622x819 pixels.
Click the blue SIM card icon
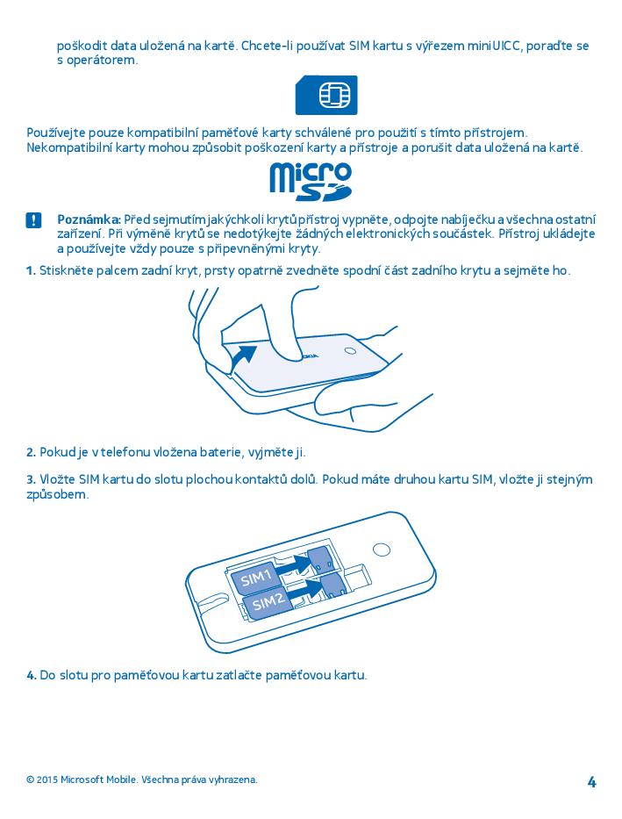click(x=326, y=95)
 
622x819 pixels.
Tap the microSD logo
click(x=311, y=182)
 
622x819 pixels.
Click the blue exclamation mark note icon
click(x=33, y=220)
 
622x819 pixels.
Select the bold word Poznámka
click(x=89, y=219)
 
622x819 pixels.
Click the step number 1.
click(x=31, y=270)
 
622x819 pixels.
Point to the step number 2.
click(x=31, y=452)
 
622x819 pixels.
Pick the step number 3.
click(x=31, y=479)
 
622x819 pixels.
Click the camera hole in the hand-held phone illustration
click(x=351, y=350)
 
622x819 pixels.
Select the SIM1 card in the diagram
click(x=256, y=578)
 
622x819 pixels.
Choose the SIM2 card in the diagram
click(x=269, y=603)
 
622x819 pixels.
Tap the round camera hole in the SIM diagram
click(x=382, y=550)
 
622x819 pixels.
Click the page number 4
click(x=592, y=782)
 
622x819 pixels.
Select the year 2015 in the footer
click(x=47, y=779)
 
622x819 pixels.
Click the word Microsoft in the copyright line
click(x=82, y=779)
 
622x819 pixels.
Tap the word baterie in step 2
click(x=219, y=452)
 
